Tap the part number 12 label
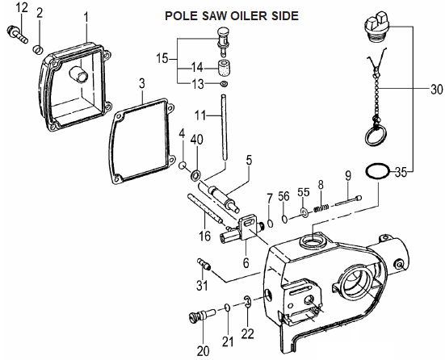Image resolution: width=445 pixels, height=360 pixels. click(x=22, y=8)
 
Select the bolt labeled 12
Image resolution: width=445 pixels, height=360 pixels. click(x=17, y=34)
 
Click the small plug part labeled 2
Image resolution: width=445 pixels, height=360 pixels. click(x=38, y=49)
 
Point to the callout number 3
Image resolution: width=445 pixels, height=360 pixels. click(x=142, y=84)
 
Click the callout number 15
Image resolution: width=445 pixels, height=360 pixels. click(x=162, y=59)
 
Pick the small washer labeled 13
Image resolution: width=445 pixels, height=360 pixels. click(x=224, y=84)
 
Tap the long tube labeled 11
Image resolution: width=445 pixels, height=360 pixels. click(x=225, y=128)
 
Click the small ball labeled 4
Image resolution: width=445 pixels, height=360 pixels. click(x=183, y=165)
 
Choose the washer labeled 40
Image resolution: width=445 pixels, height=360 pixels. click(x=195, y=176)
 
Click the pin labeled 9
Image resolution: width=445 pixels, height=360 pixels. click(x=349, y=200)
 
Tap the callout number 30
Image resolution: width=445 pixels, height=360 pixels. click(x=437, y=90)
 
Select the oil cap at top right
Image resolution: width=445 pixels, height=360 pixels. click(x=376, y=29)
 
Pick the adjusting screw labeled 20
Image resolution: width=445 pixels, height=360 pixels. click(x=202, y=315)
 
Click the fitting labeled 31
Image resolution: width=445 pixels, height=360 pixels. click(x=204, y=264)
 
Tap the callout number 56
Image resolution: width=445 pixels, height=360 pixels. click(x=283, y=196)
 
